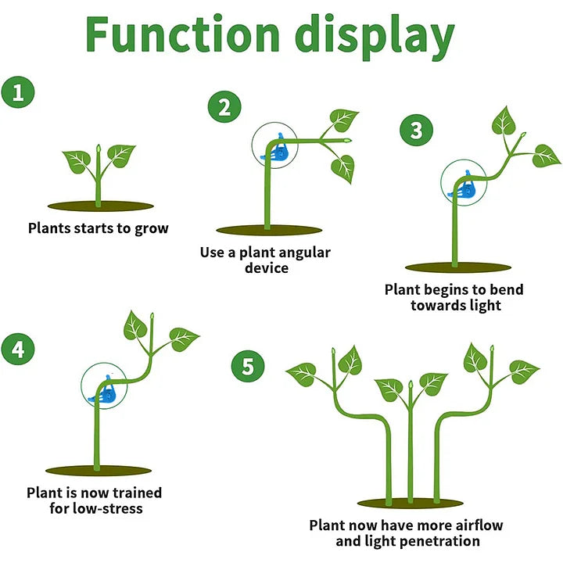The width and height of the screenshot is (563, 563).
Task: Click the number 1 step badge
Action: tap(19, 93)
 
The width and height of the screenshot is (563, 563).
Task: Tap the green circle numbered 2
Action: tap(224, 107)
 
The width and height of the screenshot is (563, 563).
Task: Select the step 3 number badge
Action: tap(416, 131)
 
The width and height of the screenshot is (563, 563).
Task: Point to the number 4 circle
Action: tap(19, 348)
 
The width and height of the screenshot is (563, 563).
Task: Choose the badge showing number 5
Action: tap(248, 366)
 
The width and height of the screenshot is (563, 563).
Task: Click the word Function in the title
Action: tap(183, 35)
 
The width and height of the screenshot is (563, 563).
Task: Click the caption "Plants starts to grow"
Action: tap(98, 228)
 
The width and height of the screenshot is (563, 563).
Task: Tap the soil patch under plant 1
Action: tap(98, 206)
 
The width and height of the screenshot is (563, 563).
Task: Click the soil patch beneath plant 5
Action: tap(411, 503)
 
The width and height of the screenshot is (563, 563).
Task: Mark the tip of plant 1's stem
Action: tap(98, 146)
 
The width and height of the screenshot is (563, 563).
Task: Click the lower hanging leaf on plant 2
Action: tap(342, 167)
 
